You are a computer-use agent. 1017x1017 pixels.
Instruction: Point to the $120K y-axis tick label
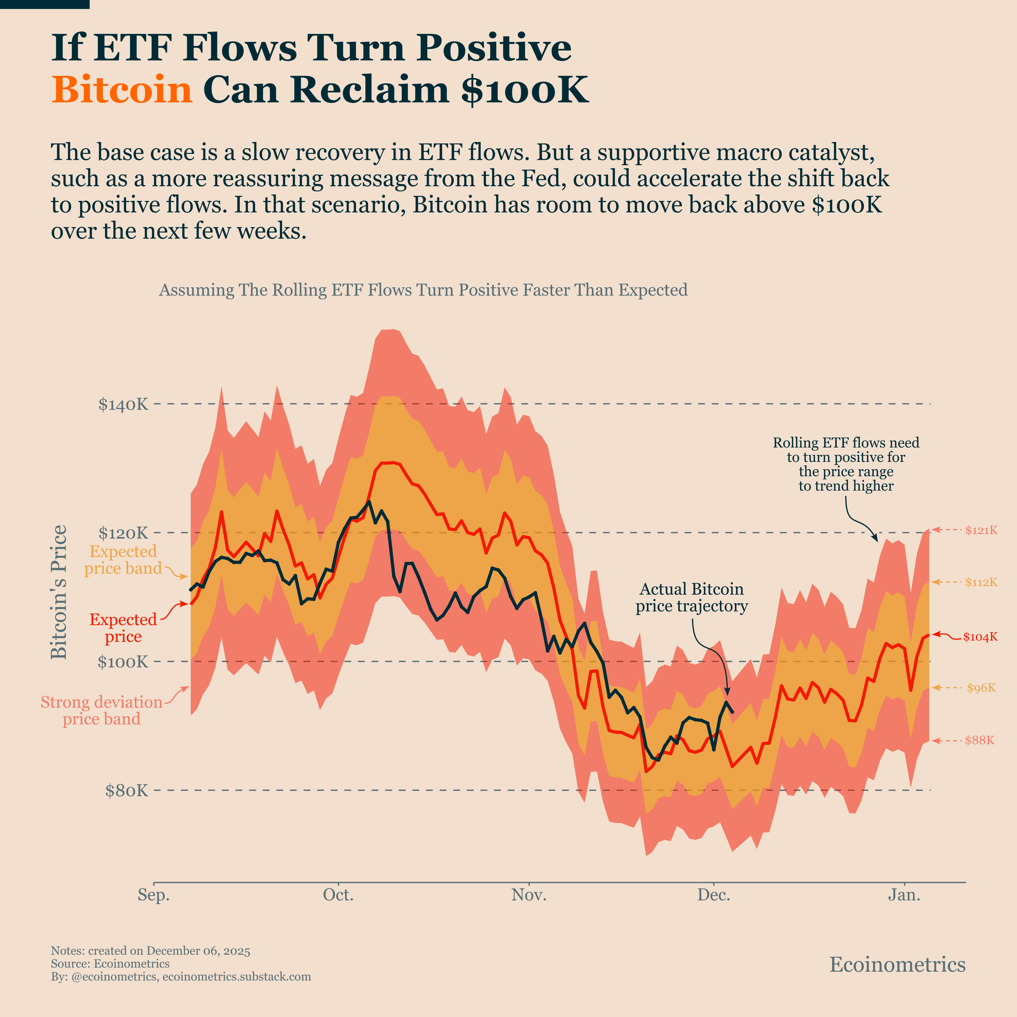123,533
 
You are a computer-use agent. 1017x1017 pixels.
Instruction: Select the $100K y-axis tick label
123,662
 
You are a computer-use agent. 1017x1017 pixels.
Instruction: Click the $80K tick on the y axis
127,791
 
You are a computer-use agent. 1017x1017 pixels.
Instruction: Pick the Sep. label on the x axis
154,895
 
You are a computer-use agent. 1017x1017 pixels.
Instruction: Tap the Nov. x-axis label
529,895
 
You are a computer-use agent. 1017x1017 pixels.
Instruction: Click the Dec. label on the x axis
714,895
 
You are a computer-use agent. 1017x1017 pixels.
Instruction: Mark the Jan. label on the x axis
904,895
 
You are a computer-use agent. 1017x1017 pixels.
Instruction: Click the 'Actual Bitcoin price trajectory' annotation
691,597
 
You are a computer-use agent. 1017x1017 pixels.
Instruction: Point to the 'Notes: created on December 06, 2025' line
150,951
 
